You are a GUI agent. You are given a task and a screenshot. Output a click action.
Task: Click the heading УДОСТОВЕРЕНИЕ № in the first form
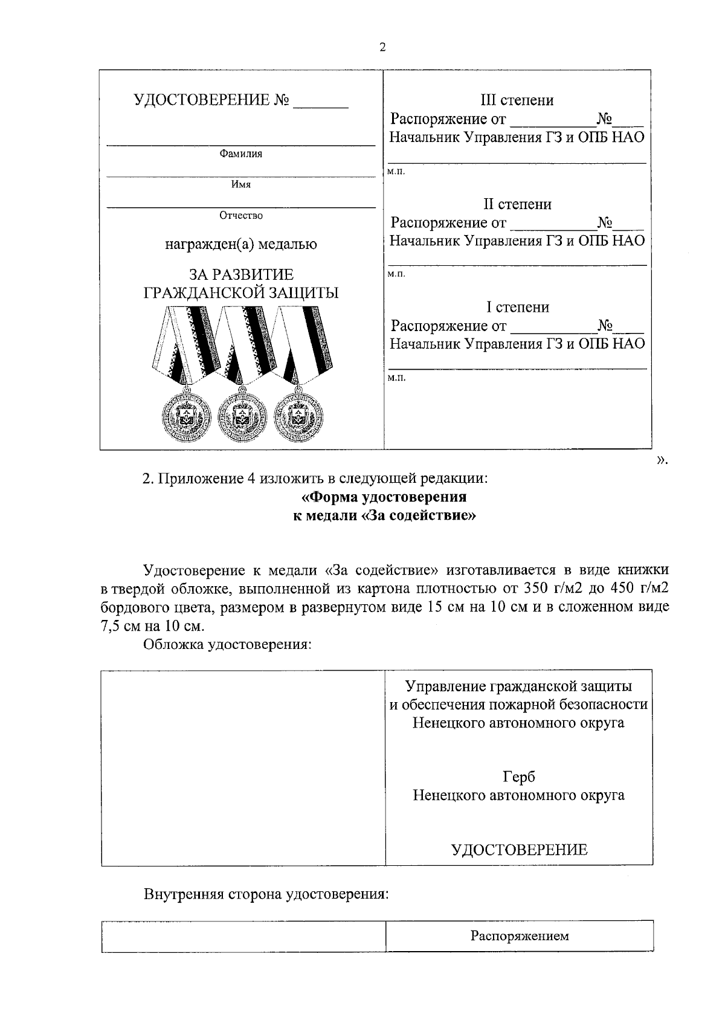(x=211, y=100)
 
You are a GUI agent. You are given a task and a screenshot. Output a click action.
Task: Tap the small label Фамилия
(x=240, y=154)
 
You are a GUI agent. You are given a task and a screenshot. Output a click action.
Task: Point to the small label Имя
(x=240, y=185)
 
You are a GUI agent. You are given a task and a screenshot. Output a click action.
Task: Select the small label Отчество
(x=240, y=216)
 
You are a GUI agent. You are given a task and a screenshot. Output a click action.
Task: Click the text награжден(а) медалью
(x=240, y=245)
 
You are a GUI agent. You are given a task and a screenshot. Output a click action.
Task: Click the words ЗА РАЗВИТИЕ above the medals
(x=240, y=276)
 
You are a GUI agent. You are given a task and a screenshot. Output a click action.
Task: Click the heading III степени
(x=517, y=100)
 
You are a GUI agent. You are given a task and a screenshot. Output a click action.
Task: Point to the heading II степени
(x=517, y=204)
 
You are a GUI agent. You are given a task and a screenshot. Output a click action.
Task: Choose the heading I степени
(x=518, y=308)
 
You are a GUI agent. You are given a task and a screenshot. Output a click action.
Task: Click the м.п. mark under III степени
(x=396, y=172)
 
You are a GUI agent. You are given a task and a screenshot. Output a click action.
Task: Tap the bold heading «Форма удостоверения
(x=384, y=497)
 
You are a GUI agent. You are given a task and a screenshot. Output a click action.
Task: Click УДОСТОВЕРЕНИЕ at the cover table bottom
(x=519, y=850)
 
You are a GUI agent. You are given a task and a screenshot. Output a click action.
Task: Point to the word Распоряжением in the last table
(x=520, y=937)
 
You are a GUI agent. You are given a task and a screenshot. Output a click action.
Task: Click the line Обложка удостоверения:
(x=227, y=644)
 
